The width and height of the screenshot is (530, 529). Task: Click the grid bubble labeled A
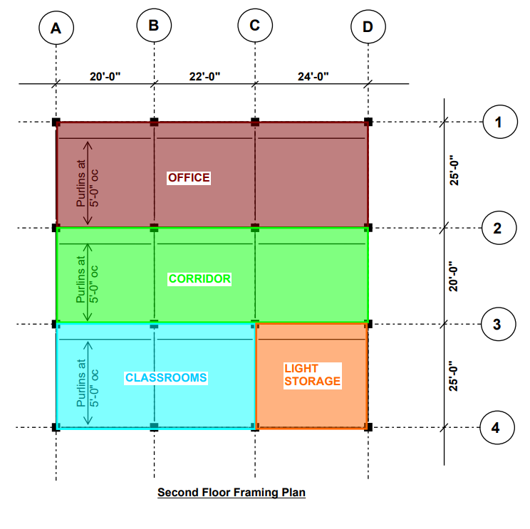[56, 28]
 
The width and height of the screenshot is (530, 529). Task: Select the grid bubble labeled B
[154, 26]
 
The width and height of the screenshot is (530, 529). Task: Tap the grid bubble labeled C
[254, 26]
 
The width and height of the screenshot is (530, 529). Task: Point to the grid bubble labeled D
[368, 27]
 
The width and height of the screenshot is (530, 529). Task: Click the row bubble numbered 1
[499, 122]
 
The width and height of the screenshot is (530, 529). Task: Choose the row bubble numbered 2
[499, 229]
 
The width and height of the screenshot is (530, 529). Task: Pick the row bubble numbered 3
[499, 324]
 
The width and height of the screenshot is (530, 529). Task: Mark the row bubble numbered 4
[499, 428]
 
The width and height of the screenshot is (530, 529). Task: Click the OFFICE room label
[189, 178]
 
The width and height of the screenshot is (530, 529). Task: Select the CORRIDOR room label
[199, 279]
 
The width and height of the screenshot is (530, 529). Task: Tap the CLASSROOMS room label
[166, 378]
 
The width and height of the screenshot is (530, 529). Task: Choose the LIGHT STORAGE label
[312, 375]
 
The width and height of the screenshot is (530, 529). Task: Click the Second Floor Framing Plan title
[232, 492]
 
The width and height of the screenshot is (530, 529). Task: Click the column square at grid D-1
[368, 122]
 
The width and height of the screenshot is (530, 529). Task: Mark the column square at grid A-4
[56, 427]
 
